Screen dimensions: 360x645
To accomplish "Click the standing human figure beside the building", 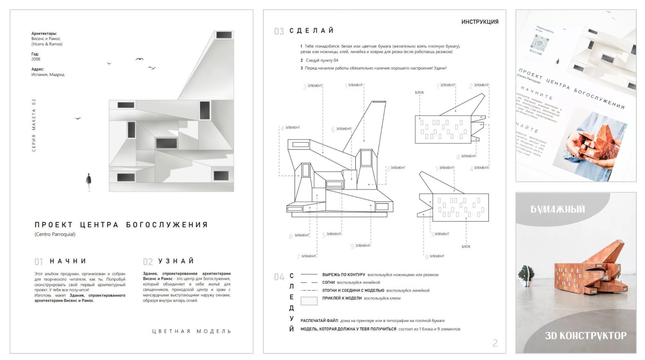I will [x=88, y=182].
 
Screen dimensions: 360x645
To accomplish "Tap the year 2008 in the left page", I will [x=36, y=59].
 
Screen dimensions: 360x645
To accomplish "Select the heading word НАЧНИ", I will [x=68, y=261].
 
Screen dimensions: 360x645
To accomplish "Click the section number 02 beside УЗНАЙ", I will [x=148, y=262].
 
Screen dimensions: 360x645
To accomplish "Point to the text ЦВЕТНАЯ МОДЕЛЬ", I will [x=192, y=331].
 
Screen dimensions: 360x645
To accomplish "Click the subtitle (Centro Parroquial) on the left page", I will [x=55, y=234].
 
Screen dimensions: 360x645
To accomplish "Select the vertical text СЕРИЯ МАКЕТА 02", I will [x=34, y=125].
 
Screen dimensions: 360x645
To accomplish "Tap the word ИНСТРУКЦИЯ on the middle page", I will [x=479, y=21].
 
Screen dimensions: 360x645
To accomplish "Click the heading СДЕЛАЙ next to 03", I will [x=312, y=31].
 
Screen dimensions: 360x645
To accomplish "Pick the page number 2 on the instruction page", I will [x=495, y=343].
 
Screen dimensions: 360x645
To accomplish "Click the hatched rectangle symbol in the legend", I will [x=309, y=300].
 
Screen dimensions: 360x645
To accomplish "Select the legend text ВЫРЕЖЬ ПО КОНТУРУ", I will [x=343, y=275].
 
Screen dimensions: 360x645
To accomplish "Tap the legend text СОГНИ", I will [x=328, y=282].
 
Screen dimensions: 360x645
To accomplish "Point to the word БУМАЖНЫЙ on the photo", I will [x=557, y=209].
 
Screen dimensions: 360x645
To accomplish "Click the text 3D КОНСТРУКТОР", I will [x=585, y=336].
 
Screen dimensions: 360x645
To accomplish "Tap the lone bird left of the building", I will [x=77, y=118].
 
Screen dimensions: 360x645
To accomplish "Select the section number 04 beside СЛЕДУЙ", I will [x=279, y=277].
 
